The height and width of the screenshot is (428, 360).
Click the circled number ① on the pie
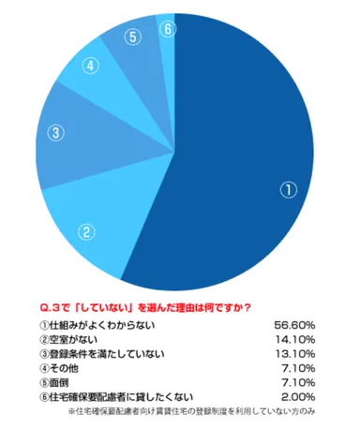tap(289, 188)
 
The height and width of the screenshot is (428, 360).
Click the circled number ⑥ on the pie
tap(167, 29)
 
